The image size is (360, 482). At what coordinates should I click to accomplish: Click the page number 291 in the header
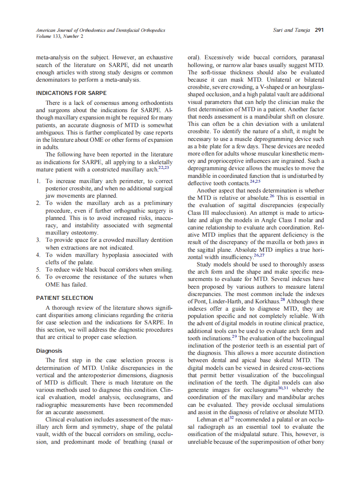[x=319, y=30]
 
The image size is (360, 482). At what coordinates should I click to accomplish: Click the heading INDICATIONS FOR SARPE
[x=71, y=93]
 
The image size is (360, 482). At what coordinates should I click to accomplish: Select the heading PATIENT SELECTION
[x=64, y=298]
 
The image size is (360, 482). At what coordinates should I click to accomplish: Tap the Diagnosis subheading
[x=49, y=351]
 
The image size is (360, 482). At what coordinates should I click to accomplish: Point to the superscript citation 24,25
[x=255, y=181]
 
